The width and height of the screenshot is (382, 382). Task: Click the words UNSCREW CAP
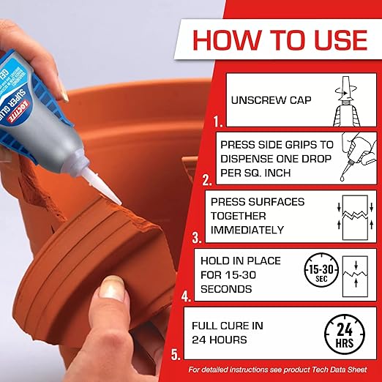264,101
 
